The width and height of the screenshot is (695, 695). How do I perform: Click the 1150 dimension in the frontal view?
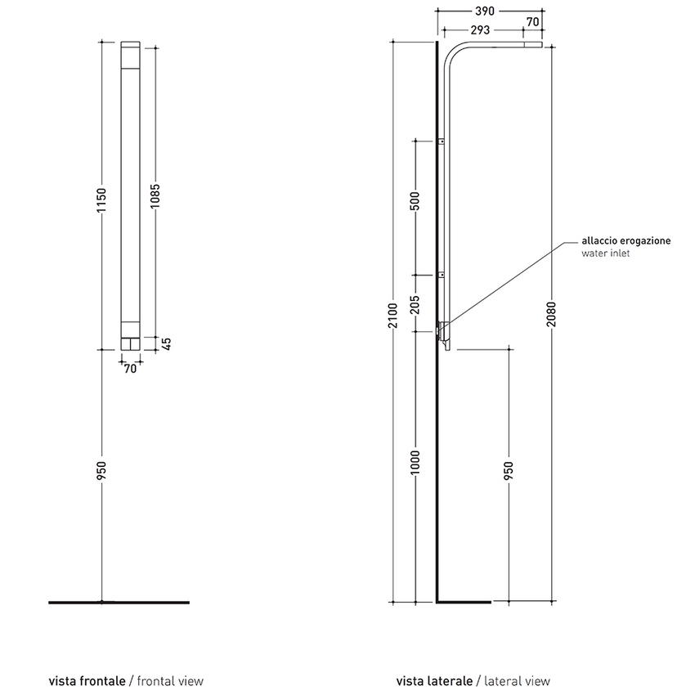(101, 200)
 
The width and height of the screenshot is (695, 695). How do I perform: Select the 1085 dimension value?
(155, 196)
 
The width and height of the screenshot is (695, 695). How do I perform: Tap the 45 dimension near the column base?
(167, 343)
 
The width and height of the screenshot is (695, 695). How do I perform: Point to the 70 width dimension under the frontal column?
(130, 368)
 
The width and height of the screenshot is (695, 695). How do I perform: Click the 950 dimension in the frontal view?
(101, 470)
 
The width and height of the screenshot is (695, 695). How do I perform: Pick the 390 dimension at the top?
(485, 11)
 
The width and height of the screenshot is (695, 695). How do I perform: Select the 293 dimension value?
(480, 30)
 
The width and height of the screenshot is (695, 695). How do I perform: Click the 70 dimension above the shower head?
(533, 22)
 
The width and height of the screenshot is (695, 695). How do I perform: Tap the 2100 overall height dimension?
(392, 316)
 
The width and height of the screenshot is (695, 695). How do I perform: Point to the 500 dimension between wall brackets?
(415, 201)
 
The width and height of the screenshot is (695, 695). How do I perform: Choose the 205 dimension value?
(415, 304)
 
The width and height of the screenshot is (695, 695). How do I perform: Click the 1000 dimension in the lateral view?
(415, 462)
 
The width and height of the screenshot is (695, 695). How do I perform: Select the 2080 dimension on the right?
(551, 314)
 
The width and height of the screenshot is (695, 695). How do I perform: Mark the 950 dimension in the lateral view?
(509, 470)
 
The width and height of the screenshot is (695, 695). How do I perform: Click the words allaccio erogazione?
(625, 241)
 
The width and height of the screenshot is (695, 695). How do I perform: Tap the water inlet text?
(605, 253)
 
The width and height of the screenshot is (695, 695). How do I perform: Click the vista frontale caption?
(87, 681)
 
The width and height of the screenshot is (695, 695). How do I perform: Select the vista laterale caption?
(434, 681)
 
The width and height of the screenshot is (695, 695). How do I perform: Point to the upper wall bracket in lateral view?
(442, 141)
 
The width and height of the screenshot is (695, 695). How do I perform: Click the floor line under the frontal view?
(119, 603)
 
